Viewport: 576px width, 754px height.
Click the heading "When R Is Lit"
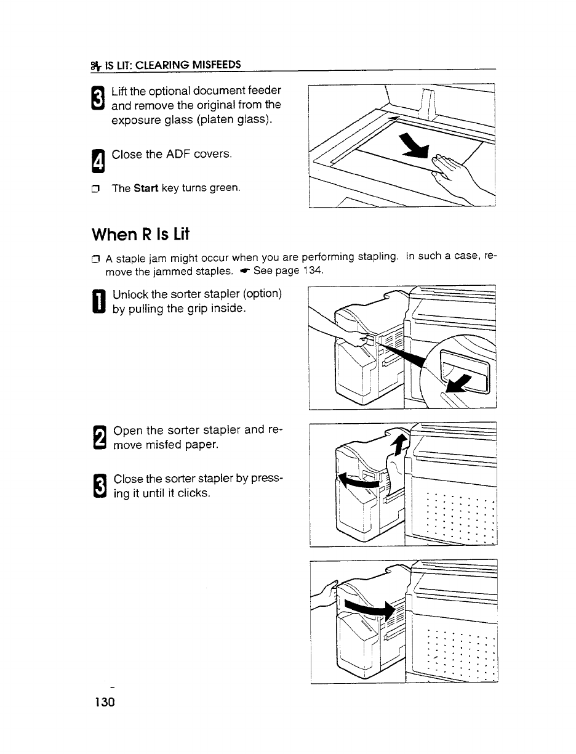(133, 235)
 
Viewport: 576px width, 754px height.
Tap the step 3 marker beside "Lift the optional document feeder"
(100, 97)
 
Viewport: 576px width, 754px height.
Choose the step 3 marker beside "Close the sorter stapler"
(100, 485)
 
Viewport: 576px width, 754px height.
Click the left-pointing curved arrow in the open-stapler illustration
(360, 484)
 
